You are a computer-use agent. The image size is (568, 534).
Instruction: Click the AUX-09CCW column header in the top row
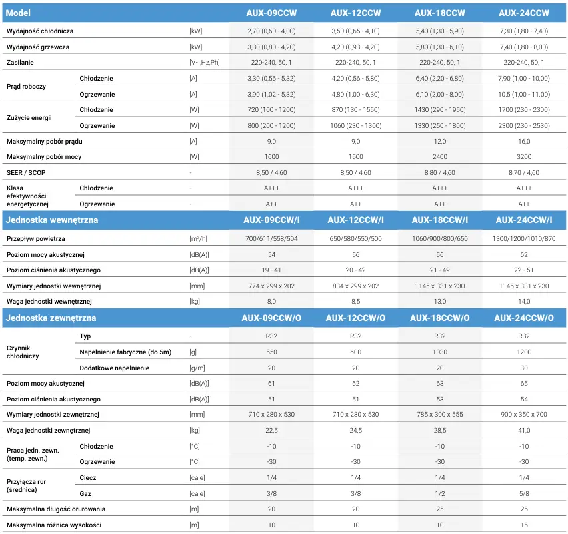click(271, 13)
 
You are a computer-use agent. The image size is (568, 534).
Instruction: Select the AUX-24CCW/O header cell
click(524, 318)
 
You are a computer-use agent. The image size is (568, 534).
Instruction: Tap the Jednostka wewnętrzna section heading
click(52, 220)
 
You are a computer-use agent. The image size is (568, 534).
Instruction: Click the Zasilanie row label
click(20, 62)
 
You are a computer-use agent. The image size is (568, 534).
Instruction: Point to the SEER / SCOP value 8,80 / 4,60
click(440, 173)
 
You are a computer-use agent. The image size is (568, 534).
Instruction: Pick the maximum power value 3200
click(524, 157)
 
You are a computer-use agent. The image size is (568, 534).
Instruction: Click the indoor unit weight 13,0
click(440, 302)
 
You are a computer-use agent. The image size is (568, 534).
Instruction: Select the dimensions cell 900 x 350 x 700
click(524, 415)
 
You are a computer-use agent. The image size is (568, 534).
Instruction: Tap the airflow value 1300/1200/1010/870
click(524, 239)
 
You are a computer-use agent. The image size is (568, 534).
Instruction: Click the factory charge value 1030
click(440, 352)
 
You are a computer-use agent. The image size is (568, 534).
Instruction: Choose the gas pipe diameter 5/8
click(524, 494)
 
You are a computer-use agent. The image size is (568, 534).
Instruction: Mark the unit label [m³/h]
click(198, 239)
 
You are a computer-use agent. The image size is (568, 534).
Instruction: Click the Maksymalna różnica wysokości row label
click(54, 525)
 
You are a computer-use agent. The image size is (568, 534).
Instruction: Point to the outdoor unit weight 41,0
click(524, 431)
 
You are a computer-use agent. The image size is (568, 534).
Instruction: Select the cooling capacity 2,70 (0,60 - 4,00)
click(271, 31)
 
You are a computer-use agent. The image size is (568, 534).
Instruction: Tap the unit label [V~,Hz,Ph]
click(204, 62)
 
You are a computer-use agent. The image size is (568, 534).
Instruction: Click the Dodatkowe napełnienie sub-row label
click(115, 368)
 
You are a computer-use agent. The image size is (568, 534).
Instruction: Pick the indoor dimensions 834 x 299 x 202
click(355, 286)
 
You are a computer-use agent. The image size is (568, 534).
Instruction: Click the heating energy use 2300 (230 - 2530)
click(524, 126)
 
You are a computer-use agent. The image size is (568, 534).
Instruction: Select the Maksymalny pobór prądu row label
click(45, 141)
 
